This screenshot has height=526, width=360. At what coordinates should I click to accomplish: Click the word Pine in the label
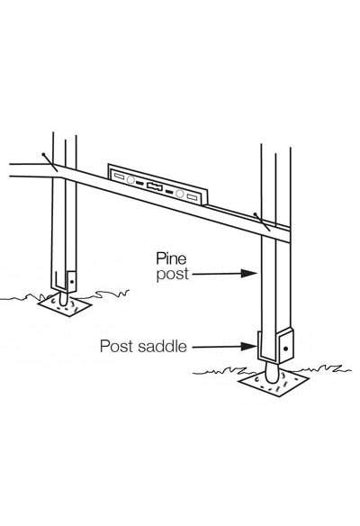point(171,258)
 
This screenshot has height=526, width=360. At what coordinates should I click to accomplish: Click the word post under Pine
point(172,275)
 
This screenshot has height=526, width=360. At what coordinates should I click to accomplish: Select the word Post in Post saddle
point(117,346)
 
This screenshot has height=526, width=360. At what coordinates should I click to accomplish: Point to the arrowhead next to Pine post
point(248,274)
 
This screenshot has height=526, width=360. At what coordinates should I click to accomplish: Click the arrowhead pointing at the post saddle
point(248,347)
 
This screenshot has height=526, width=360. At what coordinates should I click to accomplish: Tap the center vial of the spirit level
point(155,186)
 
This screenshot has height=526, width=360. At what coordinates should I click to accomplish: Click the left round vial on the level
point(130,180)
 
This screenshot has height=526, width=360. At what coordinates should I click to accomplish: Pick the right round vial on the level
point(180,194)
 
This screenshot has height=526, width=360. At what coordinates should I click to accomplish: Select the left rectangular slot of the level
point(120,177)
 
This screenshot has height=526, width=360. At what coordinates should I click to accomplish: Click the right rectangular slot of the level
point(192,197)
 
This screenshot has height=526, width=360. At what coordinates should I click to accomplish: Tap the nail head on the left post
point(43,155)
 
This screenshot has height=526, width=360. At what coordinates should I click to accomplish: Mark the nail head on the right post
point(256,213)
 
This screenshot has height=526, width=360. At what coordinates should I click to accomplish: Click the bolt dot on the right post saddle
point(285,349)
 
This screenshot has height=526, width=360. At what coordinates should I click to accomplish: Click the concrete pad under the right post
point(274,383)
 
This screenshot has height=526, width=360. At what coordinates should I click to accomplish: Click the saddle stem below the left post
point(63,297)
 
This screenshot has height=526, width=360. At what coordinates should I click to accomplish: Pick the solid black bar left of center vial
point(139,183)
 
